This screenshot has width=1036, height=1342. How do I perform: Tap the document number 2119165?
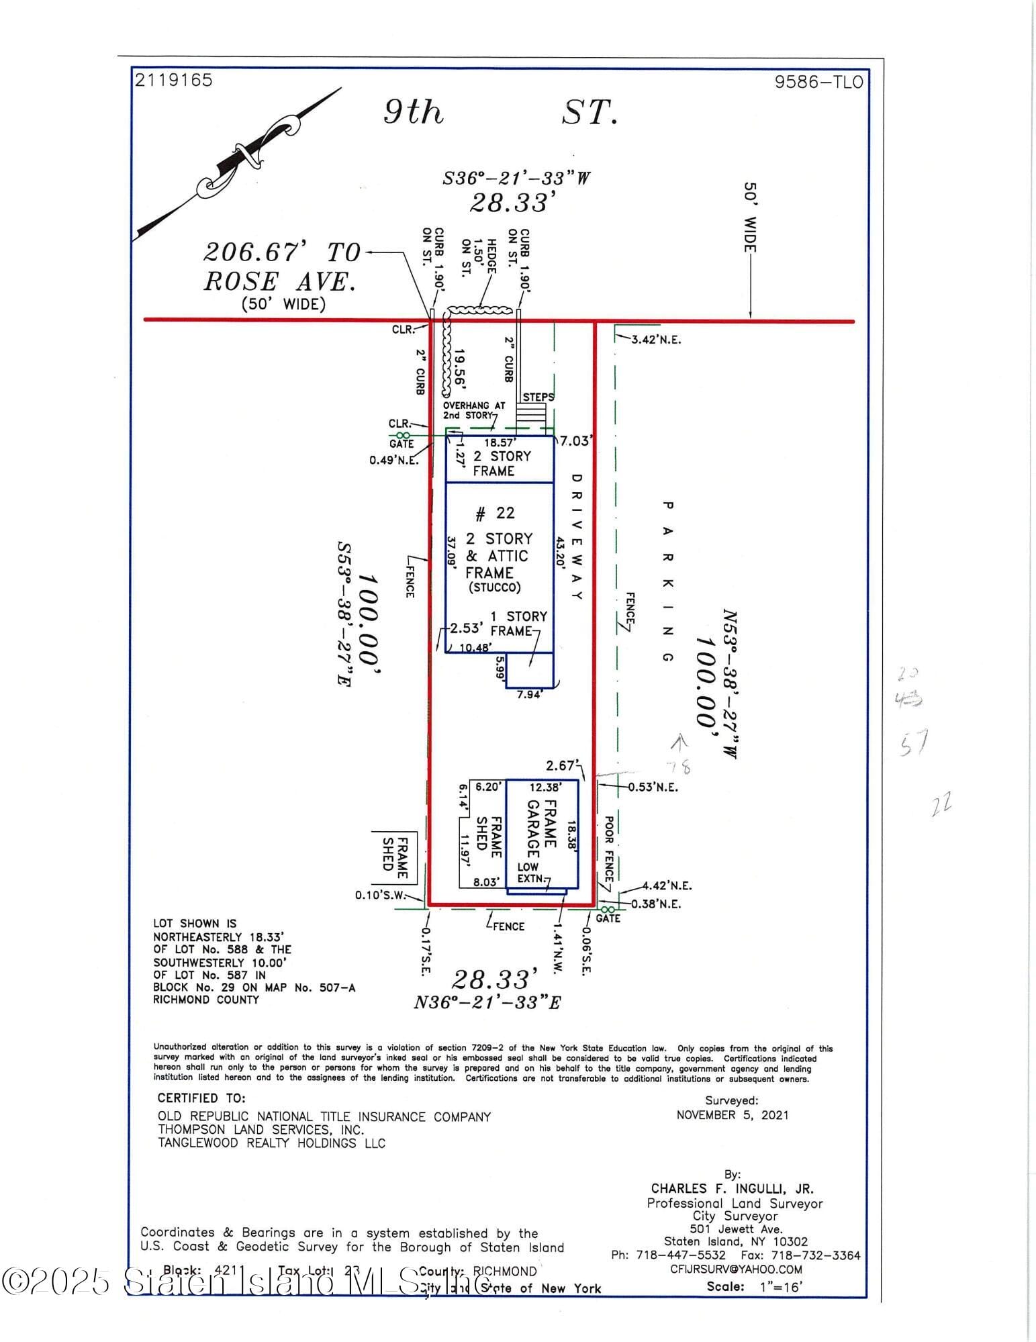pos(173,80)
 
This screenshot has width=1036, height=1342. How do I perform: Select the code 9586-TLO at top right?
pos(818,82)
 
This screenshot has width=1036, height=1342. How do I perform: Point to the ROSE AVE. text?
pos(279,281)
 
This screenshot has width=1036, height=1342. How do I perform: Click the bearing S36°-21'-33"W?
pos(516,179)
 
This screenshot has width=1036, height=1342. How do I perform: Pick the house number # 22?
pos(495,514)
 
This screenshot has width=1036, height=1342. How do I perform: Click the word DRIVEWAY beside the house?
pos(576,537)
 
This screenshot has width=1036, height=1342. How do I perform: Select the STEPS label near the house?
pos(538,397)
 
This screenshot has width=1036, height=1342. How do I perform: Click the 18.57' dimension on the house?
pos(500,443)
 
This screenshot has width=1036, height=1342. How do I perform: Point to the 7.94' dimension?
pos(529,695)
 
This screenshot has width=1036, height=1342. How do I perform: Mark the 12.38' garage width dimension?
pos(545,787)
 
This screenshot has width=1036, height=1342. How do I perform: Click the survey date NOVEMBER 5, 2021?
pos(732,1115)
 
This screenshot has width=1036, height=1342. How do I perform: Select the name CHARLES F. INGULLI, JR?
pos(732,1189)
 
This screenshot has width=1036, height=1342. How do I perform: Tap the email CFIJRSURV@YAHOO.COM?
pos(736,1269)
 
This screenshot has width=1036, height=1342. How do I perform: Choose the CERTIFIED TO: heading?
pos(201,1098)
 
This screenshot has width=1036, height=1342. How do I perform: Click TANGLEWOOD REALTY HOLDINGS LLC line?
pos(271,1143)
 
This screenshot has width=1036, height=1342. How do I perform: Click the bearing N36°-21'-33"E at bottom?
pos(487,1002)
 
